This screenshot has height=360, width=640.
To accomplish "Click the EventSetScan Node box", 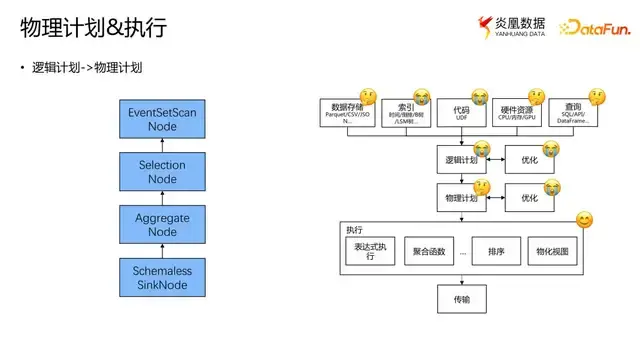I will point(161,121).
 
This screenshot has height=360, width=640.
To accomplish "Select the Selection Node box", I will point(161,172).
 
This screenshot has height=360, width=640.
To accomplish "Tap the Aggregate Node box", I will point(161,223).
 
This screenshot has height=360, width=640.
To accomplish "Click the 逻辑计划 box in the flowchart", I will point(461,159).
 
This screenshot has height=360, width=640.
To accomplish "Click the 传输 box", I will point(461,299).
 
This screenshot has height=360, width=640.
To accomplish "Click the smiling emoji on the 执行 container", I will point(584,220).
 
